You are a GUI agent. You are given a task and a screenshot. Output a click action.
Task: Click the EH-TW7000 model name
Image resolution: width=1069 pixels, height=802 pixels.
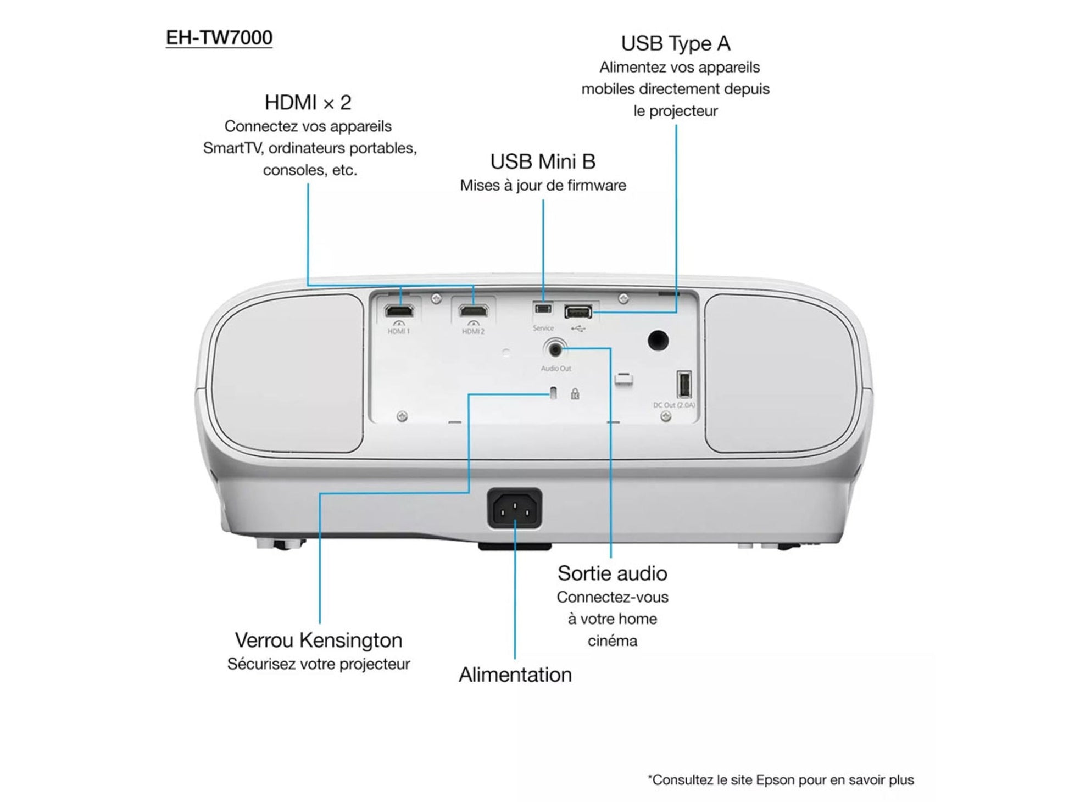click(219, 38)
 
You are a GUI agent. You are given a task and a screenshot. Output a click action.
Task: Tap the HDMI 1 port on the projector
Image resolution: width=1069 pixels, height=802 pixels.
click(399, 311)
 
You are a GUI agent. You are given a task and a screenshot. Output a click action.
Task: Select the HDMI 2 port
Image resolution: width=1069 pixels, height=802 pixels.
click(474, 311)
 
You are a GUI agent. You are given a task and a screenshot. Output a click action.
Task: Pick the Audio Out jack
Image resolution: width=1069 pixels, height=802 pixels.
click(554, 348)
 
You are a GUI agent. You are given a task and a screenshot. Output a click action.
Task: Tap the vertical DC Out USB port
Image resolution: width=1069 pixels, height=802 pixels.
click(684, 384)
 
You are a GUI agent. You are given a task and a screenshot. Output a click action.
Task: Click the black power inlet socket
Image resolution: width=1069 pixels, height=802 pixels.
click(514, 509)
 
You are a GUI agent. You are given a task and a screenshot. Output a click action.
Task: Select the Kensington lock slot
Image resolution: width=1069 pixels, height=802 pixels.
click(553, 393)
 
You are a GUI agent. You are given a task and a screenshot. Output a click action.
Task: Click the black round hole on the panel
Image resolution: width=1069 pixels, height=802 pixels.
click(658, 341)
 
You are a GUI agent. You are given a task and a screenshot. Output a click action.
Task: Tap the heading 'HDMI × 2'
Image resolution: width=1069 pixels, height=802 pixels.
click(308, 103)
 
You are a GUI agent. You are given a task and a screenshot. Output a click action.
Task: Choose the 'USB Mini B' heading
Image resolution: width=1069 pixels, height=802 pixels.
click(542, 162)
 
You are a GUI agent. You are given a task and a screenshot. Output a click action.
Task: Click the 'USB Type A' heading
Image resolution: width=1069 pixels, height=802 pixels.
click(675, 43)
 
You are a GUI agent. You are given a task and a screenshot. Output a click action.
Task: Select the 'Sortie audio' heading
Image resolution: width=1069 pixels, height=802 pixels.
click(612, 573)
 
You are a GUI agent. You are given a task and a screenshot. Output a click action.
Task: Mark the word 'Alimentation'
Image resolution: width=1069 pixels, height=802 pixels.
click(515, 675)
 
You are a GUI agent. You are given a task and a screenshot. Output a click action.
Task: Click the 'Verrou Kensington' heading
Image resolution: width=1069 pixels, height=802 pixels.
click(318, 641)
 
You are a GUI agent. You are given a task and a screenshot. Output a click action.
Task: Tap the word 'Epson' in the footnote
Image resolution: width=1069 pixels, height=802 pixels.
click(775, 780)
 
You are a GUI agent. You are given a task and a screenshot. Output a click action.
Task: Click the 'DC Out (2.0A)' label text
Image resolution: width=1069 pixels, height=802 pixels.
click(673, 405)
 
